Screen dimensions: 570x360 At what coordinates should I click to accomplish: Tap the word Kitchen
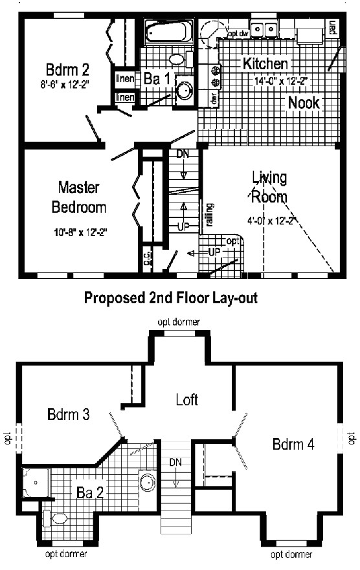click(265, 63)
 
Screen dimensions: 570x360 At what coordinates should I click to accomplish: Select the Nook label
click(304, 102)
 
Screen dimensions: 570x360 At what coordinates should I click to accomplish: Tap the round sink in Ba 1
click(184, 90)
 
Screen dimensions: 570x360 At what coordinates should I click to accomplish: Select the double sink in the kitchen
click(265, 28)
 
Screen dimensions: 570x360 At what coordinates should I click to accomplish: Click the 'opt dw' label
click(237, 32)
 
